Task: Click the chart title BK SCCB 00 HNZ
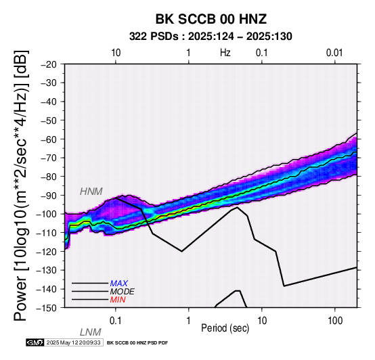pyautogui.click(x=211, y=19)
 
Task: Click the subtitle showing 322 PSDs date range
pyautogui.click(x=211, y=37)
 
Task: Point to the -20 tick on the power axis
pyautogui.click(x=49, y=64)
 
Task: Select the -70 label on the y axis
pyautogui.click(x=49, y=158)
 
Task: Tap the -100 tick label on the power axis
pyautogui.click(x=47, y=214)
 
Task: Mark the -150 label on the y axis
pyautogui.click(x=47, y=308)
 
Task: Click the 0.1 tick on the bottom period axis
pyautogui.click(x=116, y=321)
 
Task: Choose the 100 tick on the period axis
pyautogui.click(x=335, y=321)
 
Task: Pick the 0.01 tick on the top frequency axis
pyautogui.click(x=334, y=53)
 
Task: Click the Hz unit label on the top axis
pyautogui.click(x=225, y=53)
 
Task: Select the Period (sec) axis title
pyautogui.click(x=225, y=328)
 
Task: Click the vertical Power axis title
pyautogui.click(x=21, y=186)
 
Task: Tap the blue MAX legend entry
pyautogui.click(x=119, y=284)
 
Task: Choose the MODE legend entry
pyautogui.click(x=123, y=292)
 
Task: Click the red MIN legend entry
pyautogui.click(x=118, y=300)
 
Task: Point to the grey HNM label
pyautogui.click(x=91, y=192)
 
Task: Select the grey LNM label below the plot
pyautogui.click(x=91, y=332)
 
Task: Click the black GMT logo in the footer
pyautogui.click(x=35, y=342)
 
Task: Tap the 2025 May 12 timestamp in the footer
pyautogui.click(x=73, y=342)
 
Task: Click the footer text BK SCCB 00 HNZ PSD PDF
pyautogui.click(x=137, y=343)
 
